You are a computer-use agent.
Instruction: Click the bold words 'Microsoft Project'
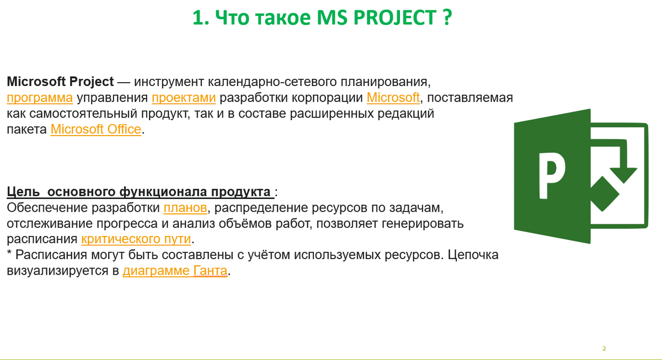60,82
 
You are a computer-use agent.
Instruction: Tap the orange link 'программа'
40,98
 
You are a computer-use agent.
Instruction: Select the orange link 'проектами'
184,98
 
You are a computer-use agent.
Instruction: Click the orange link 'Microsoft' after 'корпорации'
393,98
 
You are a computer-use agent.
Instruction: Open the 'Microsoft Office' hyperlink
96,130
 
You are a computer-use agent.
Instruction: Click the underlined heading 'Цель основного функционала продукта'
139,192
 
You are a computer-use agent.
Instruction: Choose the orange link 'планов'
185,208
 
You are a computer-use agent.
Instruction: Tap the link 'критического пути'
136,239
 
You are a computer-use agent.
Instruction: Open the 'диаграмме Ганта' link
175,271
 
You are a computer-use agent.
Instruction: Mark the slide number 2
604,348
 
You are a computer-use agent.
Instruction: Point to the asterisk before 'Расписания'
9,254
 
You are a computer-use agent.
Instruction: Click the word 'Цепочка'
473,255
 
